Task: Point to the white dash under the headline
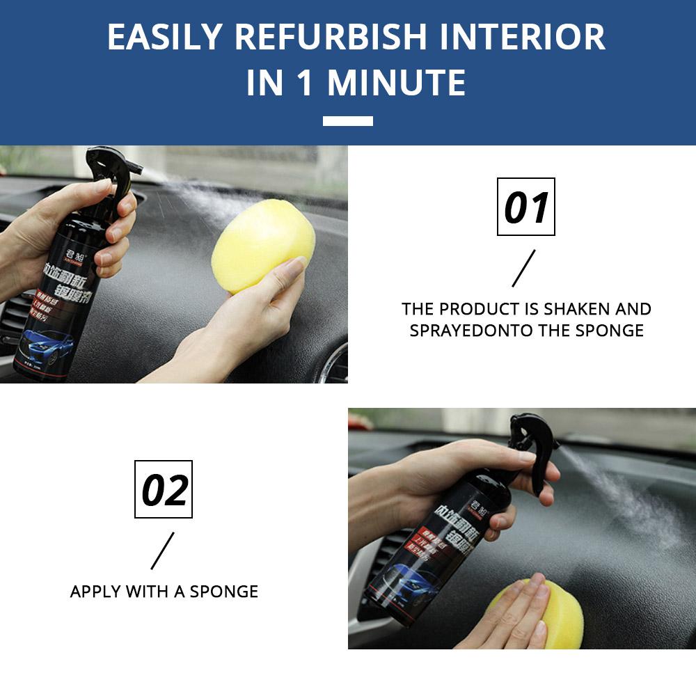(x=347, y=121)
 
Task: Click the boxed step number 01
(x=525, y=207)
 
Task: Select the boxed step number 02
(x=164, y=489)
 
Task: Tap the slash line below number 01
(x=524, y=268)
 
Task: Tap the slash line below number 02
(x=162, y=551)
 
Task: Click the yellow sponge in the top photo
(x=262, y=235)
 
